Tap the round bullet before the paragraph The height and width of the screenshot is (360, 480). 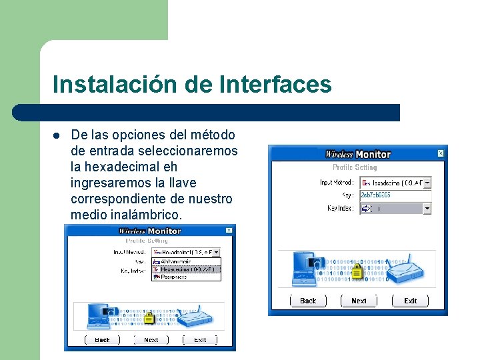pyautogui.click(x=57, y=135)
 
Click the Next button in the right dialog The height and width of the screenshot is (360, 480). pyautogui.click(x=359, y=301)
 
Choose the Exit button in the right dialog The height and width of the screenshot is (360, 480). pyautogui.click(x=410, y=301)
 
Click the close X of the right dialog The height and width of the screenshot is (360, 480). pyautogui.click(x=440, y=153)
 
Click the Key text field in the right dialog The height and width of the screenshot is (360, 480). pyautogui.click(x=395, y=195)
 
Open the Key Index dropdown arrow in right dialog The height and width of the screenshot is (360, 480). pyautogui.click(x=427, y=209)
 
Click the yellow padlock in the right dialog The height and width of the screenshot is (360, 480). pyautogui.click(x=357, y=271)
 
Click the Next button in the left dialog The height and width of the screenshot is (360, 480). pyautogui.click(x=151, y=339)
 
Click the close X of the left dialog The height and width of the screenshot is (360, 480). pyautogui.click(x=229, y=231)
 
